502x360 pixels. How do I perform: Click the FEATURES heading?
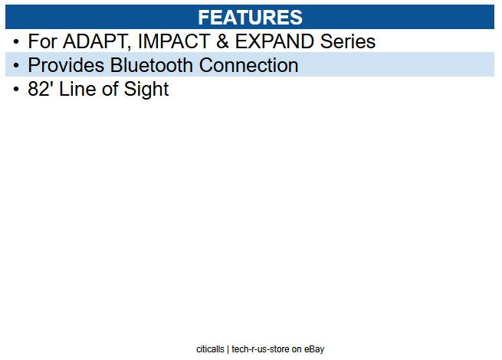250,17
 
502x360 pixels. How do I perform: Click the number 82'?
42,90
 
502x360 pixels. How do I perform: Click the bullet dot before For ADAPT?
16,42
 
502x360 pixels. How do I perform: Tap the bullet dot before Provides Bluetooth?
16,67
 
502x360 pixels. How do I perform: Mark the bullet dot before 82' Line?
16,90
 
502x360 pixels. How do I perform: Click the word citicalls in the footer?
210,349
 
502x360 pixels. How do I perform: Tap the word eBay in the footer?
314,349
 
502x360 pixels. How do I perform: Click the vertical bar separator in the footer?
228,349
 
